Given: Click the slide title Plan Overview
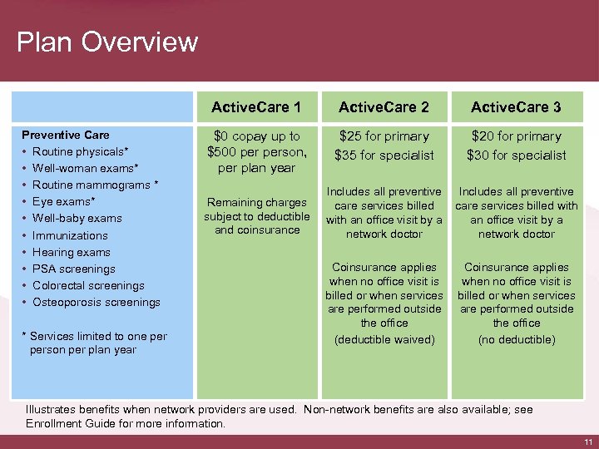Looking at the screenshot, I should (x=107, y=42).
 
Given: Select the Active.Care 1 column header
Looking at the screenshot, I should (x=256, y=107).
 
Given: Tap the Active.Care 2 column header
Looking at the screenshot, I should (x=384, y=107).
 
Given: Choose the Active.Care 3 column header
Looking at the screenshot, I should (x=516, y=107).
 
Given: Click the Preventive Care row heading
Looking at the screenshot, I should (x=65, y=135).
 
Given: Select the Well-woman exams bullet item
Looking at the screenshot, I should (x=84, y=168).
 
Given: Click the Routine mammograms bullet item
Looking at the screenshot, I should (x=95, y=185).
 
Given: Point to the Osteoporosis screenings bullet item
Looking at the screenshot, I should (x=96, y=302).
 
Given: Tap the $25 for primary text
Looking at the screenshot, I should (x=384, y=136).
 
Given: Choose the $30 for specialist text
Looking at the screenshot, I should (x=516, y=155).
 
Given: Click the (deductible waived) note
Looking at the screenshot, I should (x=384, y=339).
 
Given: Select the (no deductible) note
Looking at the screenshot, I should (x=516, y=339).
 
